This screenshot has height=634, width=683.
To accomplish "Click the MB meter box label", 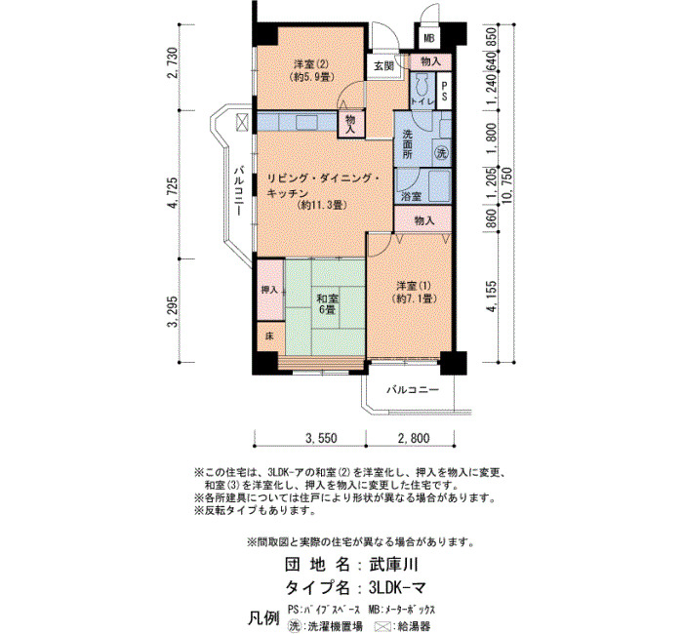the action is [x=429, y=38].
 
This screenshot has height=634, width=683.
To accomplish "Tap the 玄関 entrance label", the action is [x=383, y=66].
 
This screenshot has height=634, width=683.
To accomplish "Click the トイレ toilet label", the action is [x=422, y=101].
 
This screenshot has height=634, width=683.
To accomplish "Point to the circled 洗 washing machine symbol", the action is [x=442, y=152].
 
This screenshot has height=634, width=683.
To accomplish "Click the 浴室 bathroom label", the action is [x=411, y=196].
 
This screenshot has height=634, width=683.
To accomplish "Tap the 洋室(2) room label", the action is [x=311, y=70].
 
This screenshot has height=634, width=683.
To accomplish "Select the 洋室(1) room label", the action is [x=414, y=293].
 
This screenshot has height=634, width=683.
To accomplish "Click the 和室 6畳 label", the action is [x=328, y=304].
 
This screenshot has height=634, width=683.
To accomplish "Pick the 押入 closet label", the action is [x=269, y=290].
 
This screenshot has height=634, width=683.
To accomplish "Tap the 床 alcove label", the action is [x=269, y=337].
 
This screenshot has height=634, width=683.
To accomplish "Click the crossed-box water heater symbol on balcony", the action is [x=243, y=122].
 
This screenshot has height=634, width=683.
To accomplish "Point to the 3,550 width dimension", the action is [x=321, y=438].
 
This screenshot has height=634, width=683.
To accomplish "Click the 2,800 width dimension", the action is [x=414, y=438].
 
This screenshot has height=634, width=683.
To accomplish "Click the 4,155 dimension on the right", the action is [x=492, y=297].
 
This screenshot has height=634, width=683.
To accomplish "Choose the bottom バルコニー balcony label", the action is [x=413, y=390].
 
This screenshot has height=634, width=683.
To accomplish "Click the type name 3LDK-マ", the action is [x=397, y=588].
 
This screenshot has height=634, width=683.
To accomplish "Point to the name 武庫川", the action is [x=393, y=565].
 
